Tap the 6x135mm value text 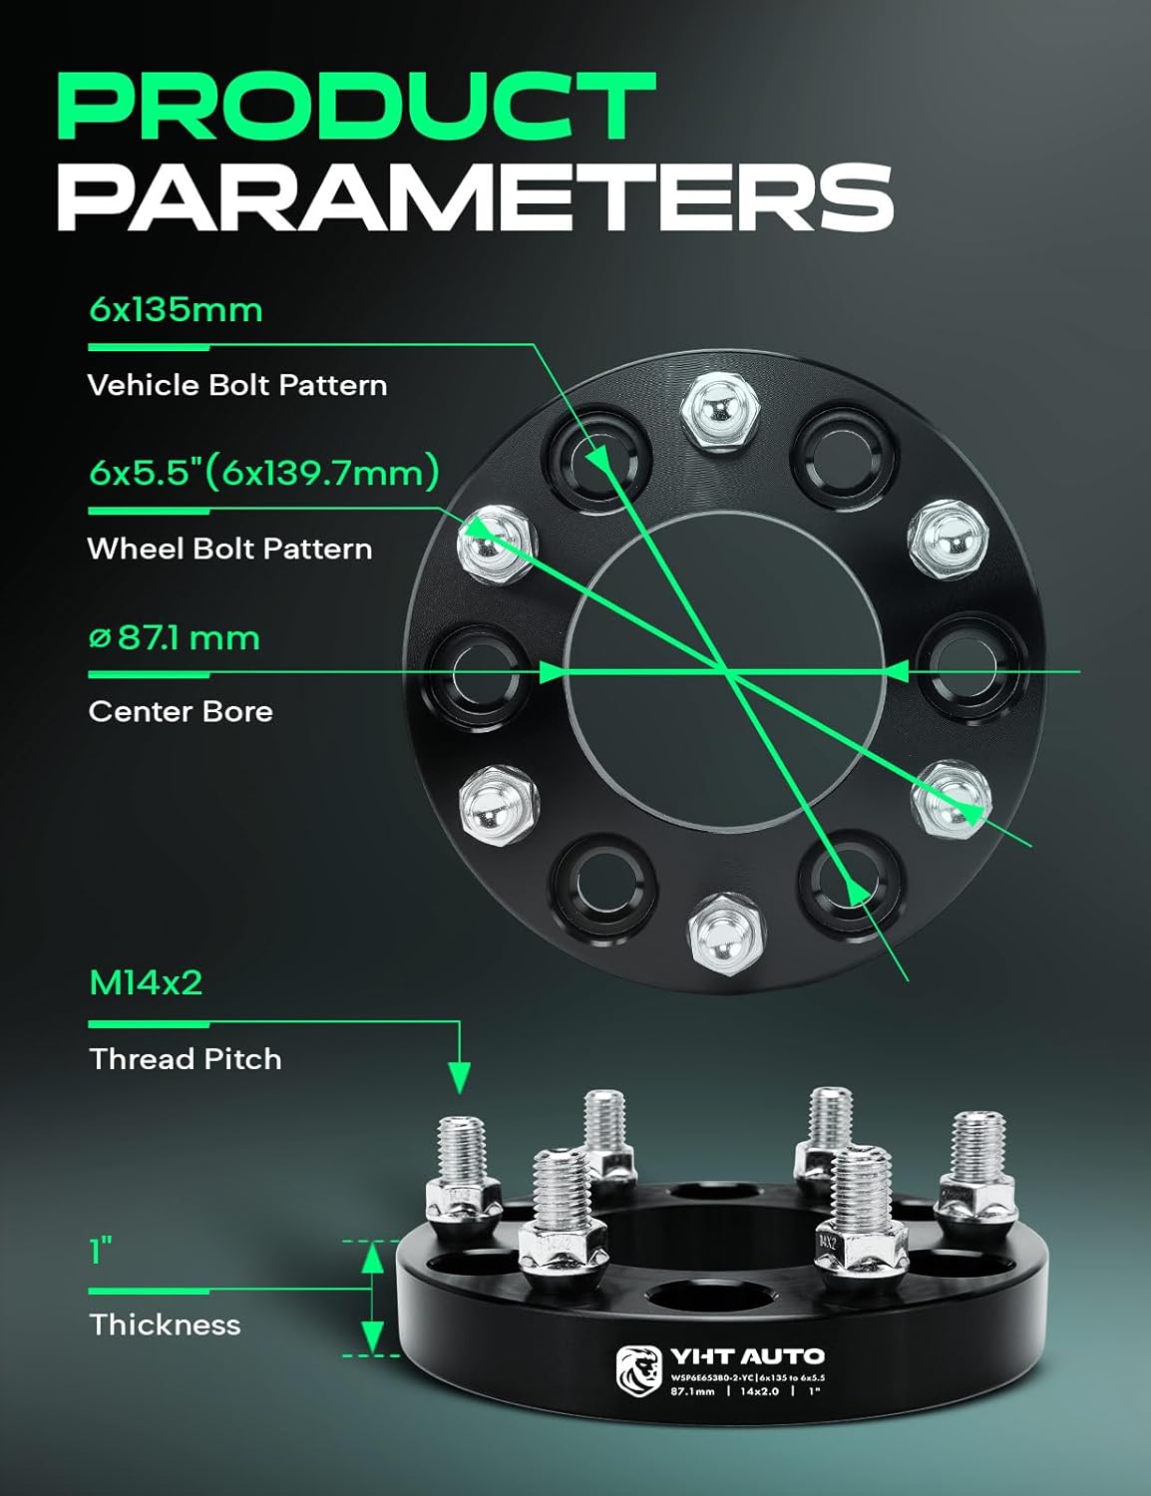coord(176,310)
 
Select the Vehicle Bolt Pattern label coord(237,385)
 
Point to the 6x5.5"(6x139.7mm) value coord(264,472)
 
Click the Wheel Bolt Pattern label coord(229,549)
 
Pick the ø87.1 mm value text coord(175,637)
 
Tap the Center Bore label coord(181,711)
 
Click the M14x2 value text coord(146,983)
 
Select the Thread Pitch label coord(186,1058)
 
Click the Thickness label coord(165,1324)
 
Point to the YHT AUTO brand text coord(747,1356)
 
